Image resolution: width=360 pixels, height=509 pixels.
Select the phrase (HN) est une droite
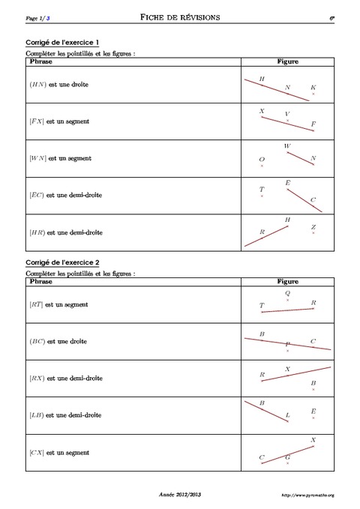58,85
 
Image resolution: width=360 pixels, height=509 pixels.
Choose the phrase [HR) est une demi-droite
65,232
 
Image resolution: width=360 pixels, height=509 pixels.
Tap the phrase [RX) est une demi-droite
64,379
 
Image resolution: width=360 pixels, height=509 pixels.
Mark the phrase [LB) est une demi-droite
64,415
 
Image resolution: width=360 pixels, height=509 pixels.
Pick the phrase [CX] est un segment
58,452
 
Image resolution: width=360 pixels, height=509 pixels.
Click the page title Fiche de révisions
180,16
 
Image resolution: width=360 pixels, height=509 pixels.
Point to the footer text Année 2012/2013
180,495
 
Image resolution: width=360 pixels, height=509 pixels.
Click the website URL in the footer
307,496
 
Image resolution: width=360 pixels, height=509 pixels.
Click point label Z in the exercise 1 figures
313,227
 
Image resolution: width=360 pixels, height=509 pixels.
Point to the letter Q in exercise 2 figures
287,293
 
